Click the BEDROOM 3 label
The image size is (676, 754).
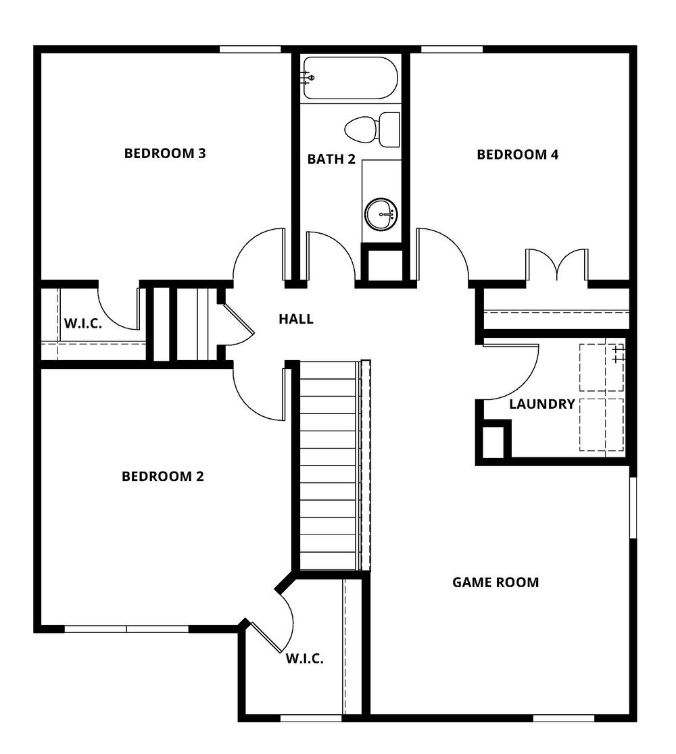coord(164,153)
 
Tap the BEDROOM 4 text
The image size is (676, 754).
coord(517,155)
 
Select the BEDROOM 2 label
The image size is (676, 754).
coord(162,476)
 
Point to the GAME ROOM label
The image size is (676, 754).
coord(495,582)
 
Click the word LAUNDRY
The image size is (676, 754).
coord(541,404)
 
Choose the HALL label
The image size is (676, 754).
coord(296,319)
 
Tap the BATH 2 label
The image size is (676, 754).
coord(331,159)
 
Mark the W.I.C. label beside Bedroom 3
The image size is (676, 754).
coord(83,324)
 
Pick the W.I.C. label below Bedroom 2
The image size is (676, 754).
coord(304,658)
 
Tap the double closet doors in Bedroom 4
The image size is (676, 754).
coord(556,265)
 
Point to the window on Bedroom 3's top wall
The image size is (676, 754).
coord(250,49)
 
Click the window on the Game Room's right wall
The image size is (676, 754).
coord(633,507)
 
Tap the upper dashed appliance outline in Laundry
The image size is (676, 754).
coord(601,368)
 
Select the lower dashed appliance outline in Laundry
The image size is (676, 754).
coord(601,424)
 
